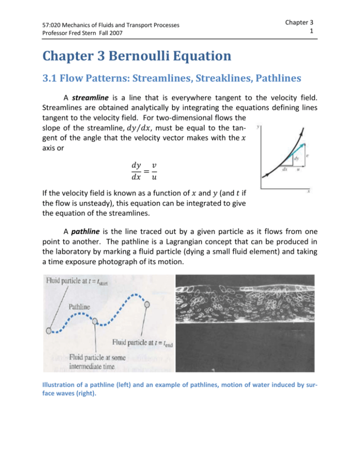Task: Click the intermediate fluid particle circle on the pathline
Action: pyautogui.click(x=96, y=322)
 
